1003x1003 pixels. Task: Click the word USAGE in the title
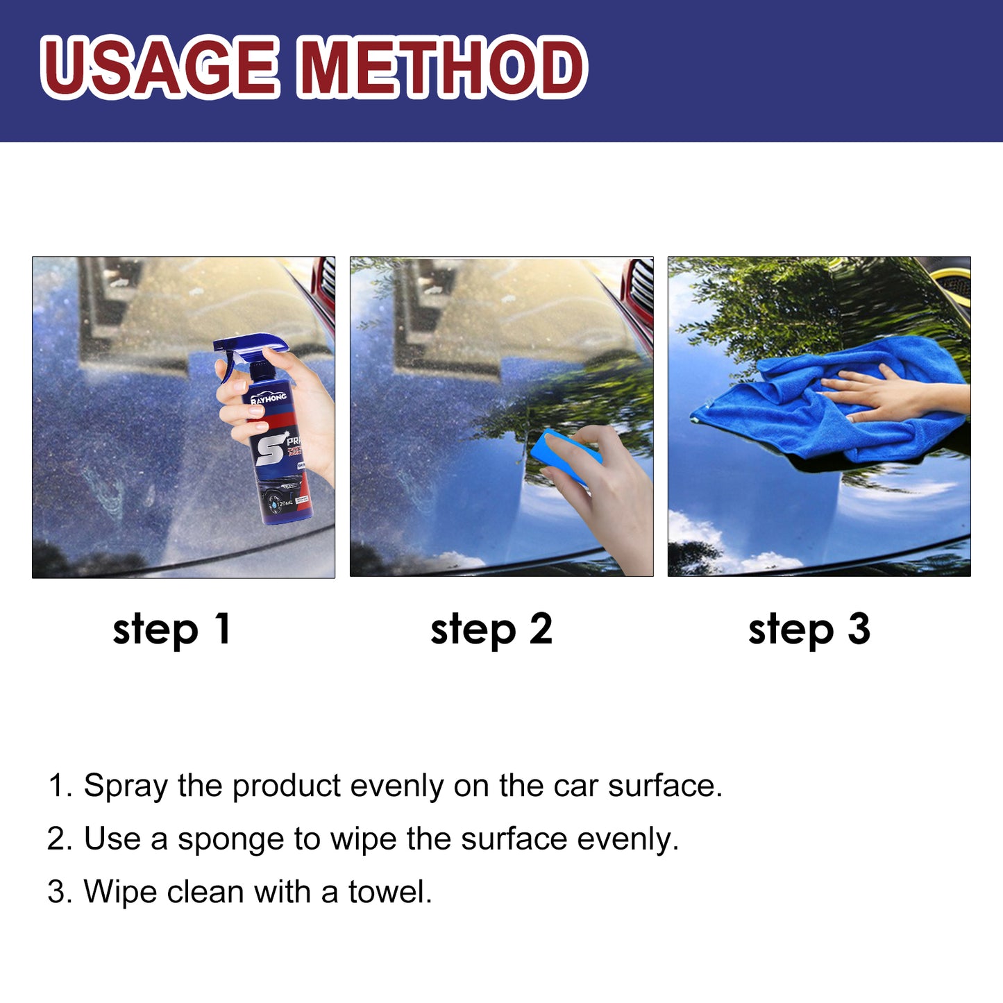(x=160, y=67)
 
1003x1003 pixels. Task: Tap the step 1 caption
(x=171, y=629)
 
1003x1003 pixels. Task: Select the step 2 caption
(x=491, y=629)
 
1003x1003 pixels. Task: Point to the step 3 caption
(x=809, y=629)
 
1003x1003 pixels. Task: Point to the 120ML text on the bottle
(x=285, y=502)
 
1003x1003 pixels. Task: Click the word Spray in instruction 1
(x=126, y=786)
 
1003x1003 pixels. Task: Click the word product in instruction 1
(x=286, y=786)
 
